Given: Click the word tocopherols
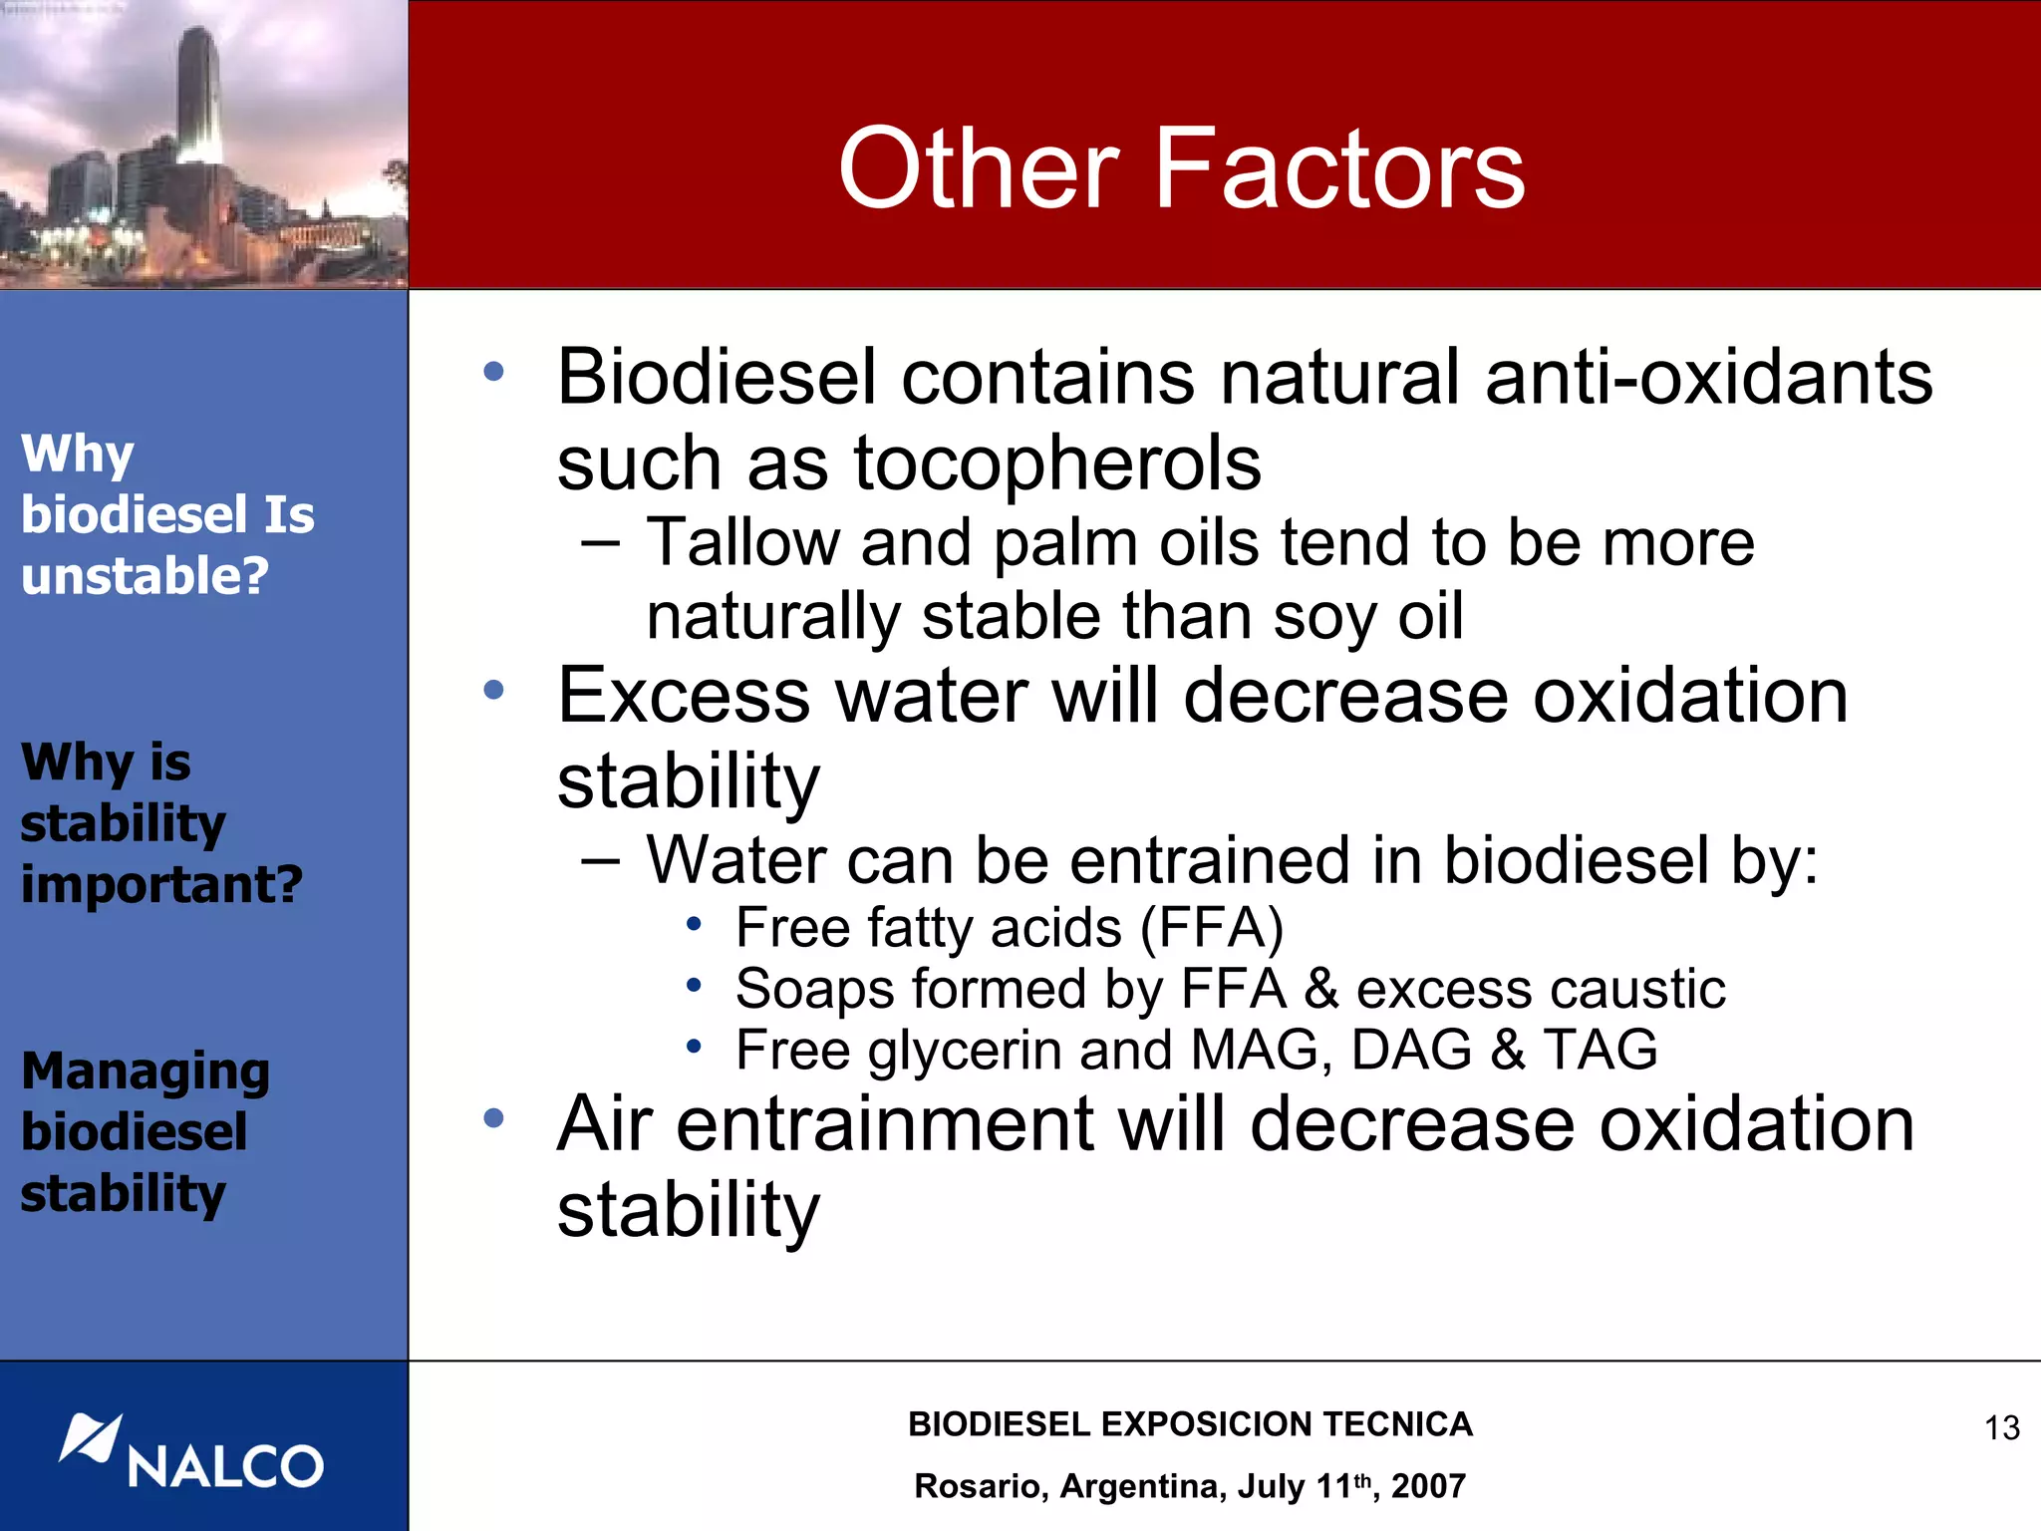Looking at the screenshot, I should coord(1057,463).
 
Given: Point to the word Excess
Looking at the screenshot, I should coord(684,696).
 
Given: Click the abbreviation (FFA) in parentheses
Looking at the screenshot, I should coord(1211,928).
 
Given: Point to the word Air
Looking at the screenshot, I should coord(604,1124).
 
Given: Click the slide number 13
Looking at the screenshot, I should coord(2001,1427).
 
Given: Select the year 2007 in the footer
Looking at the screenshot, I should coord(1428,1486).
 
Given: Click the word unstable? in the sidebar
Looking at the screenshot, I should coord(145,576).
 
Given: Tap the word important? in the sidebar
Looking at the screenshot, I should coord(161,884).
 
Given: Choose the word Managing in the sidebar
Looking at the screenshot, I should coord(146,1072).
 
